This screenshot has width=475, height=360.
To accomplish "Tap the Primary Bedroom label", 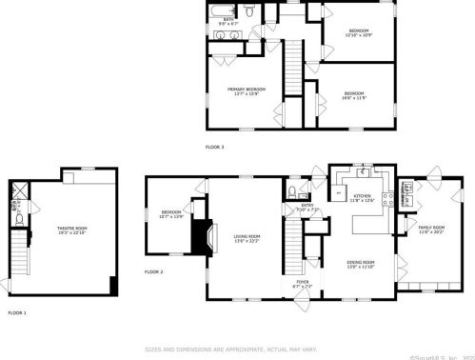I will (x=246, y=90).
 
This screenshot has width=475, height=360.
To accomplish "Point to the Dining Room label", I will (x=361, y=263).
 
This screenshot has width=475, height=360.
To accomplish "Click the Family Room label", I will (x=431, y=230).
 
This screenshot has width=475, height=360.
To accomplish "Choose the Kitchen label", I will (x=362, y=198).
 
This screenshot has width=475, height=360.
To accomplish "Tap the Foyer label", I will (x=303, y=283).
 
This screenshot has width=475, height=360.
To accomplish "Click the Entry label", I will (x=307, y=207).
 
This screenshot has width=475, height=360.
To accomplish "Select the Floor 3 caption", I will (x=215, y=147).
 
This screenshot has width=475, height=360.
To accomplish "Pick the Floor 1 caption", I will (x=17, y=313).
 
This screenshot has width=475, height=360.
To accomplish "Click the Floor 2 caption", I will (x=154, y=272).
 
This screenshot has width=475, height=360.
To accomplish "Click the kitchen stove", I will (x=385, y=199).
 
